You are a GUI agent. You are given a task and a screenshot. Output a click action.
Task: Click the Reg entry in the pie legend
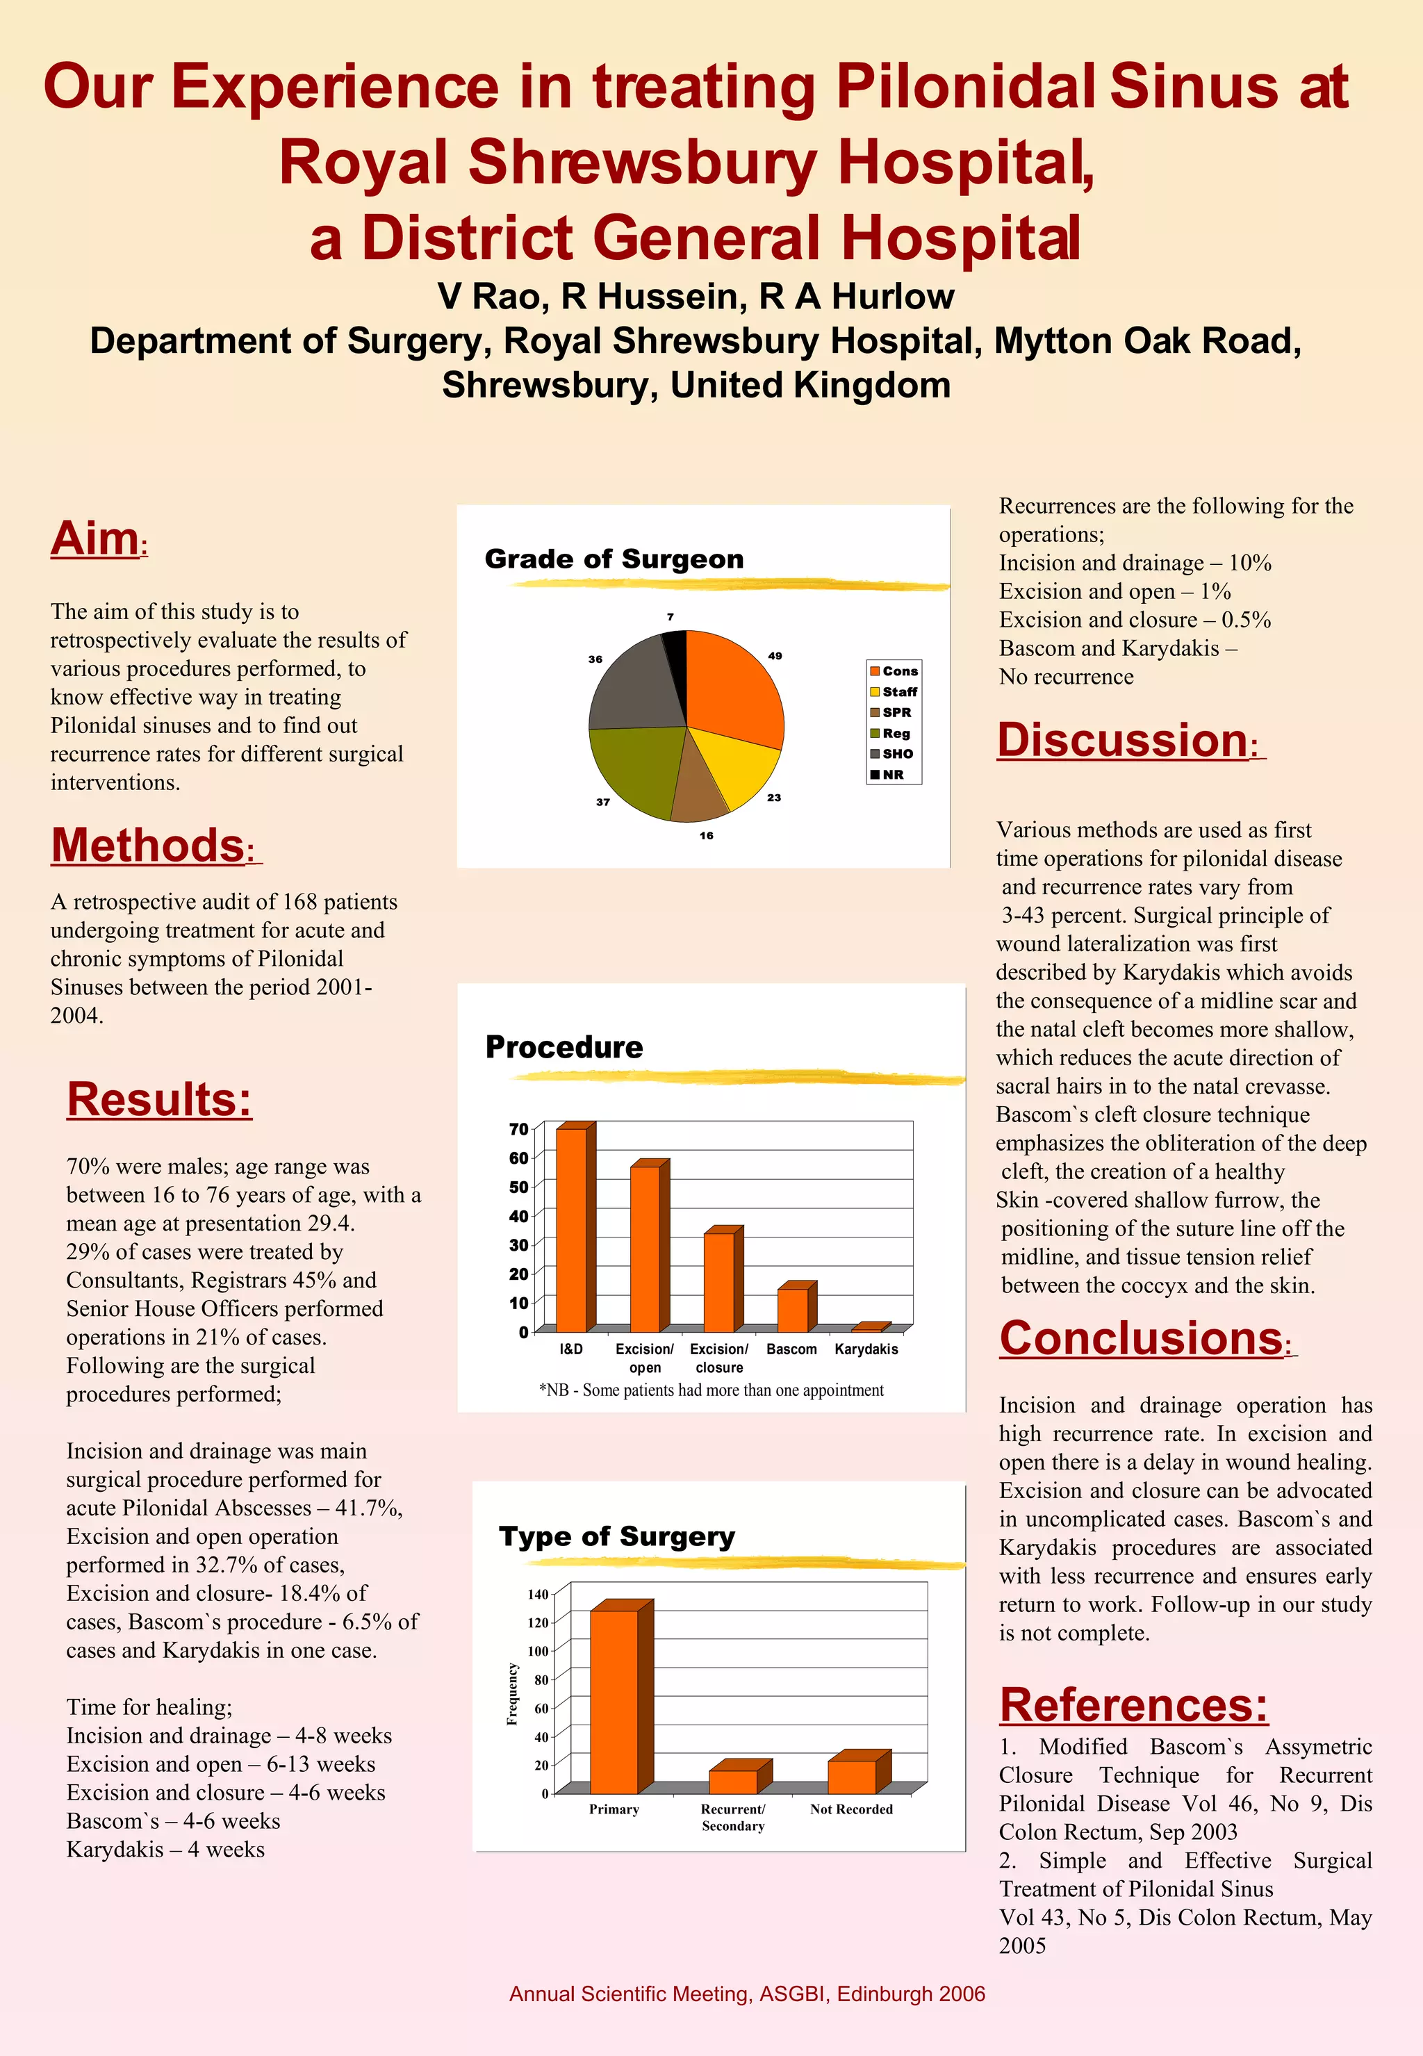[895, 733]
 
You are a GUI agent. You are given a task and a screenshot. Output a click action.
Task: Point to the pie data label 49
[775, 655]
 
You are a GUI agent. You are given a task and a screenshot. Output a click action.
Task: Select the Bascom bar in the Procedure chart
[793, 1310]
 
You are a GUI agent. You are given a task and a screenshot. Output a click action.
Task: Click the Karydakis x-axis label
[866, 1349]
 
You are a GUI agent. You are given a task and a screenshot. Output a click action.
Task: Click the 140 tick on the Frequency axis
[538, 1594]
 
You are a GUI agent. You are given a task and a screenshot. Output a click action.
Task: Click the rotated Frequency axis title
[512, 1694]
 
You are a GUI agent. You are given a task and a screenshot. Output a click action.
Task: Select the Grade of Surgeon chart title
[614, 559]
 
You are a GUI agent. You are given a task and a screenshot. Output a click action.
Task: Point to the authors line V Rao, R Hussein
[696, 296]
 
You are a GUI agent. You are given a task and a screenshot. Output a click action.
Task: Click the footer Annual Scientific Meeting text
[747, 1993]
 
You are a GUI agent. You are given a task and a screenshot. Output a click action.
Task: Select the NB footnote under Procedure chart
[711, 1390]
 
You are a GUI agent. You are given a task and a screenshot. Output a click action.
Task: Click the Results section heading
[158, 1099]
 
